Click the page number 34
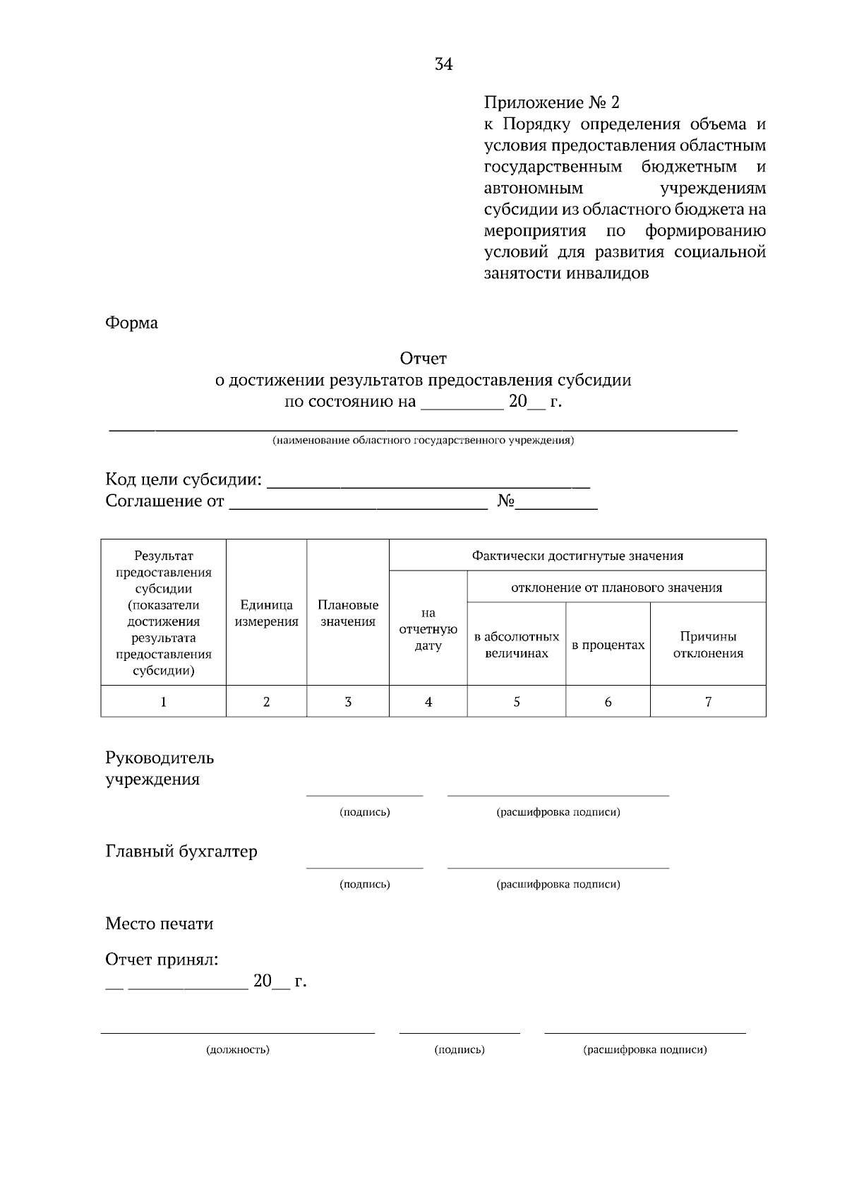click(x=444, y=64)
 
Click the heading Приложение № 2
click(x=551, y=103)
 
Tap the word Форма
click(x=131, y=323)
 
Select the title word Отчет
click(x=423, y=359)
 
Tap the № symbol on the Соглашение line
click(x=505, y=501)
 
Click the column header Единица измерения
click(x=266, y=613)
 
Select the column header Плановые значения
click(x=347, y=613)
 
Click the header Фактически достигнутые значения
click(x=577, y=556)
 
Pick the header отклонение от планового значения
click(x=616, y=587)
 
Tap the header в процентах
click(x=608, y=645)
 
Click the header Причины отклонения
click(x=708, y=645)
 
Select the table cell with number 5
click(x=516, y=701)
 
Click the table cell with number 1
click(x=163, y=701)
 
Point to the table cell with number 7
click(x=708, y=701)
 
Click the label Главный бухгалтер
click(x=181, y=851)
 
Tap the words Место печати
click(x=159, y=924)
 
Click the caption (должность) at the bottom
click(x=238, y=1049)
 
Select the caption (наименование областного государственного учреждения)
click(x=423, y=441)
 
